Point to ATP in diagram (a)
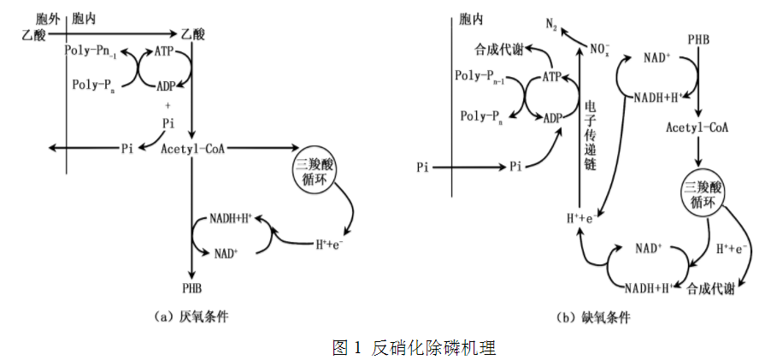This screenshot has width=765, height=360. (x=166, y=52)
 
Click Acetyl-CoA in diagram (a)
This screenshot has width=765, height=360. (x=192, y=149)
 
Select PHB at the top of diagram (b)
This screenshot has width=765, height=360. (x=698, y=40)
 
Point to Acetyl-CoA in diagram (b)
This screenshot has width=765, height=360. (x=698, y=128)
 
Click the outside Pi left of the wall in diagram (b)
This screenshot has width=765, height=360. (x=422, y=167)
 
